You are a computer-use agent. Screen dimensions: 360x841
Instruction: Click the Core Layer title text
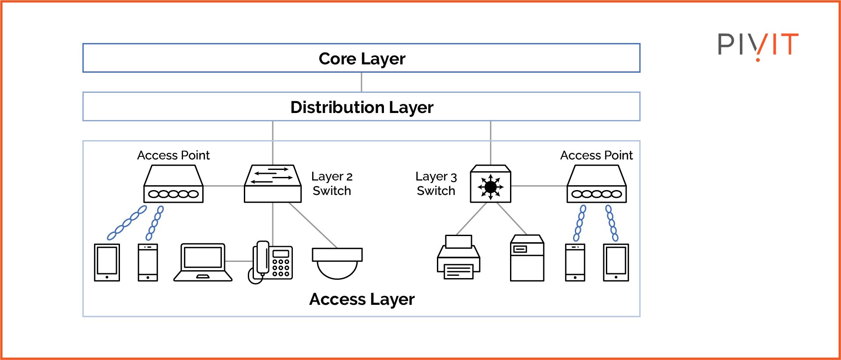362,59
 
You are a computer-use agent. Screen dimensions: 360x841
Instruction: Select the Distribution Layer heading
362,107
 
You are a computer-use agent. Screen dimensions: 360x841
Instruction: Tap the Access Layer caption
362,300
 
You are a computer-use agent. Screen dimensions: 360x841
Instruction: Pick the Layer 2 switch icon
273,184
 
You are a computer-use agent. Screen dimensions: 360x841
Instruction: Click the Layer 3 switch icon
490,184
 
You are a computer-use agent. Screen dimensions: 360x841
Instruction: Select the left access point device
173,184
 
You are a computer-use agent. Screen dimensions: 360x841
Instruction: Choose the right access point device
596,184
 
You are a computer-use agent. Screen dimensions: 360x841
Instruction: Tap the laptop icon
203,262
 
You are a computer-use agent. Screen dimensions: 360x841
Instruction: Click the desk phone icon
271,262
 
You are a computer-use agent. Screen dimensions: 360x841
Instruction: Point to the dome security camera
337,263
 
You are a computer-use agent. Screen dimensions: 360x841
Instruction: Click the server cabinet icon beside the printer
527,258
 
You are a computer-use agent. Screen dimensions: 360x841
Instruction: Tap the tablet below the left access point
107,262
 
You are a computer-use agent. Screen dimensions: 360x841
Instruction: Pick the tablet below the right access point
616,262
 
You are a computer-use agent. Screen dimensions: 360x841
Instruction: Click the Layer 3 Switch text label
436,184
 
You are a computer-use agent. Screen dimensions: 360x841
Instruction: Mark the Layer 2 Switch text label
331,184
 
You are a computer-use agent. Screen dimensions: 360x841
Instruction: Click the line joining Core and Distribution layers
361,82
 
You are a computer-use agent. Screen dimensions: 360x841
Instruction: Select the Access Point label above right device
596,155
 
